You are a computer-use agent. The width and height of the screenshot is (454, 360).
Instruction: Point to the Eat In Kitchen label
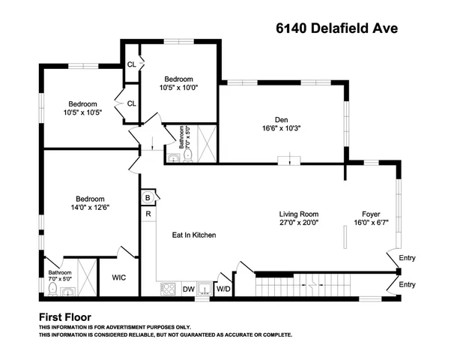coord(194,235)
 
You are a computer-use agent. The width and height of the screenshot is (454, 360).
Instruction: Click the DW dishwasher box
coord(189,289)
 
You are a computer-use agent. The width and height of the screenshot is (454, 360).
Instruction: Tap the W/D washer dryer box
coord(223,289)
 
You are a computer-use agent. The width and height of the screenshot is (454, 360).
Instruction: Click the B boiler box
coord(148,198)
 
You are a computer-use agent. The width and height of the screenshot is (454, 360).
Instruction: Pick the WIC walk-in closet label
coord(119,277)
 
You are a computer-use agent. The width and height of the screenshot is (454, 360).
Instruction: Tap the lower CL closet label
coord(131,103)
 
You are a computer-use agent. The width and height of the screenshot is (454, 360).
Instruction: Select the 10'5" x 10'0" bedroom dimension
coord(179,88)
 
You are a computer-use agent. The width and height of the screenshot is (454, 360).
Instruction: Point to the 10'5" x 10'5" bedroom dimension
coord(83,112)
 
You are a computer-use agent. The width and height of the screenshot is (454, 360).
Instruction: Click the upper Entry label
coord(407,259)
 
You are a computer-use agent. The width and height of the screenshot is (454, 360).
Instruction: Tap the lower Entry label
coord(407,284)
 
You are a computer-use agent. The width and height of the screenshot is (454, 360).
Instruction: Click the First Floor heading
coord(65,316)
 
